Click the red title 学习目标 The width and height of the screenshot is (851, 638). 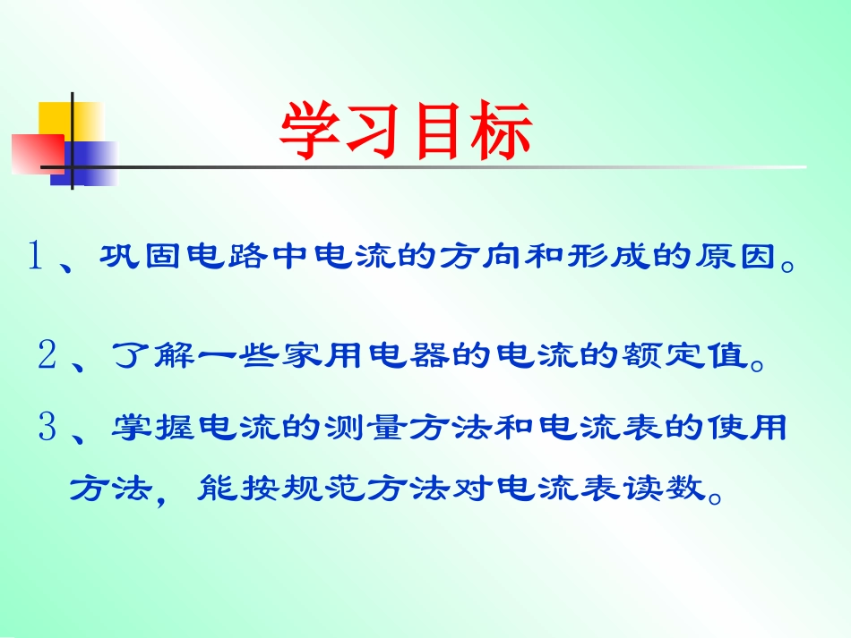[406, 132]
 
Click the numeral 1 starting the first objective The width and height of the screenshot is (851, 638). [36, 258]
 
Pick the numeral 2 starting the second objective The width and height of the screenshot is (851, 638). [47, 355]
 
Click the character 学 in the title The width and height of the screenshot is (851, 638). [311, 132]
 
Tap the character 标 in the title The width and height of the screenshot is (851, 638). [500, 132]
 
